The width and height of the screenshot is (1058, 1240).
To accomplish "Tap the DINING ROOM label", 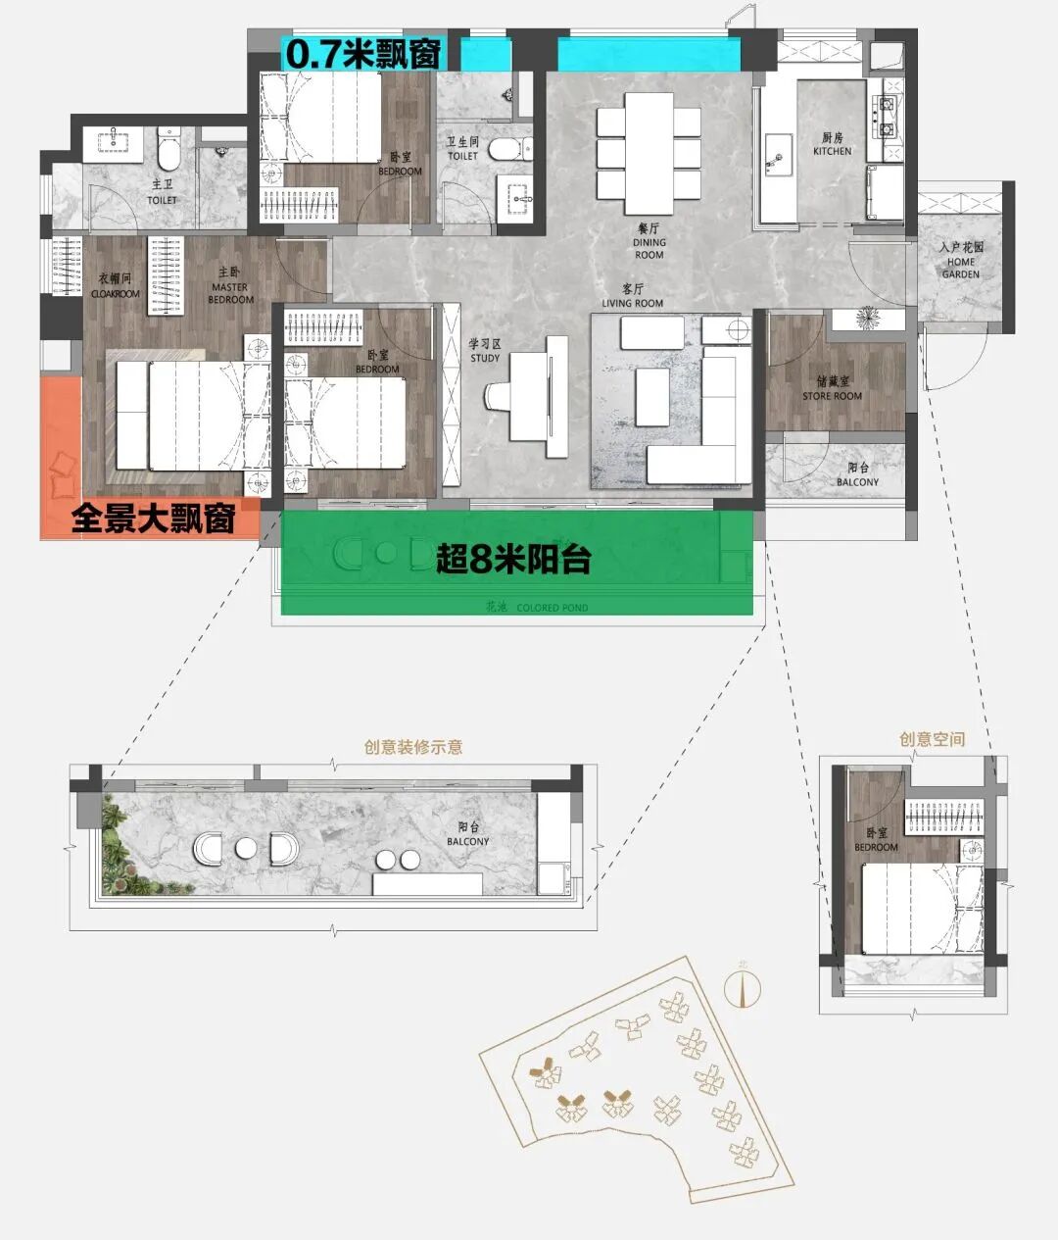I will pyautogui.click(x=649, y=248).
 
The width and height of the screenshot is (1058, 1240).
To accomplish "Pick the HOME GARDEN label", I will pyautogui.click(x=960, y=268).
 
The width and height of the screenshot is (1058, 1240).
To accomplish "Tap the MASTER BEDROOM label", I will pyautogui.click(x=230, y=293).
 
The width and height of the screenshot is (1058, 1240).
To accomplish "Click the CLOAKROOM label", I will pyautogui.click(x=116, y=286).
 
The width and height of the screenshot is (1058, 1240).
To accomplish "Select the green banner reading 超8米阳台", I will pyautogui.click(x=514, y=560).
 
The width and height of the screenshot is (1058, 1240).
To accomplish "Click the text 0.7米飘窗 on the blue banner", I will pyautogui.click(x=361, y=54).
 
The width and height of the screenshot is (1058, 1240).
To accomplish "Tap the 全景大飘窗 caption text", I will pyautogui.click(x=153, y=519).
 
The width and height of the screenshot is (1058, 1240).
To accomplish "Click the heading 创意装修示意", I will pyautogui.click(x=413, y=747).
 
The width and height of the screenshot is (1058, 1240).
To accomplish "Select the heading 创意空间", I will pyautogui.click(x=932, y=739).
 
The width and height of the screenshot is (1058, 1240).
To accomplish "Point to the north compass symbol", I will pyautogui.click(x=743, y=988).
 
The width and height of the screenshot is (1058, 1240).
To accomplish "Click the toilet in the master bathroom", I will pyautogui.click(x=168, y=149).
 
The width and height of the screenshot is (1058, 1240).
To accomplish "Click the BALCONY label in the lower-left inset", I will pyautogui.click(x=467, y=835).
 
